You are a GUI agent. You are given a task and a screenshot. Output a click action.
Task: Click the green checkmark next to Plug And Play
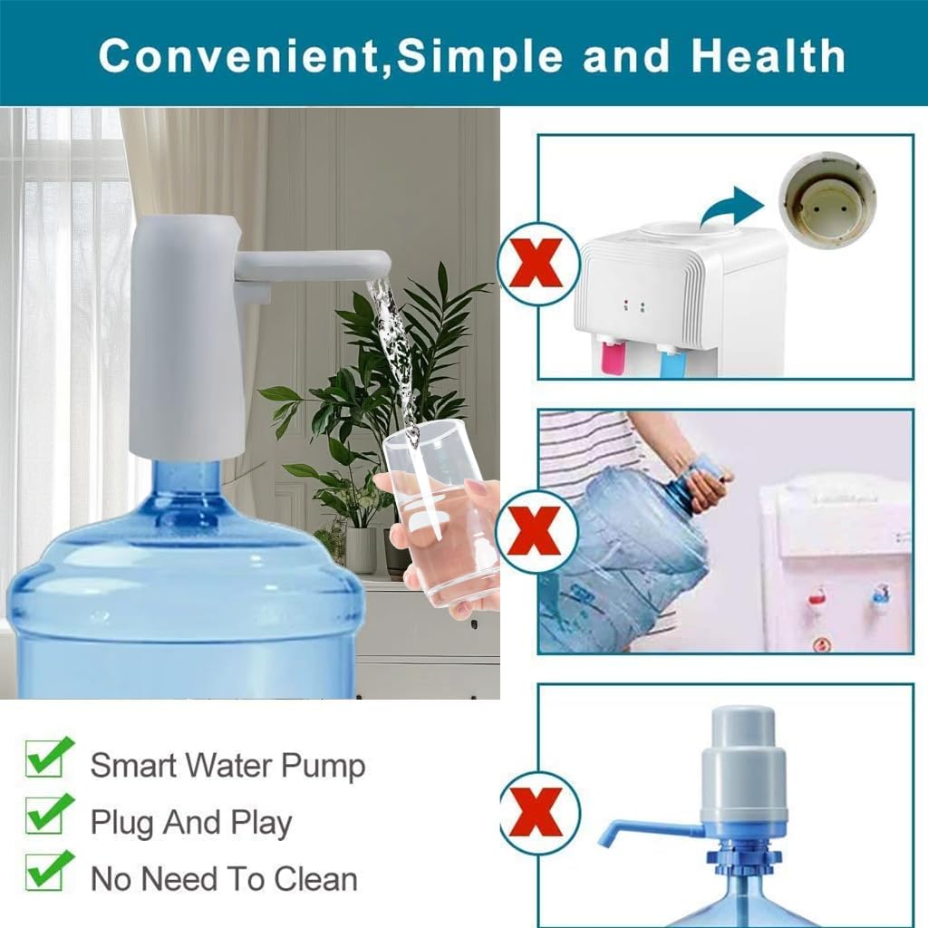49,815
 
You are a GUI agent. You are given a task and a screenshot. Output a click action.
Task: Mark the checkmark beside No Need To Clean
49,871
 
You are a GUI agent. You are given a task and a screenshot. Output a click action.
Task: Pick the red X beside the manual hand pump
538,812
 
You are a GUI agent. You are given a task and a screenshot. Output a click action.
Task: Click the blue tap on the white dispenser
672,362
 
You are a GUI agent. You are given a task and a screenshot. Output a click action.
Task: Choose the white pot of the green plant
360,549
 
